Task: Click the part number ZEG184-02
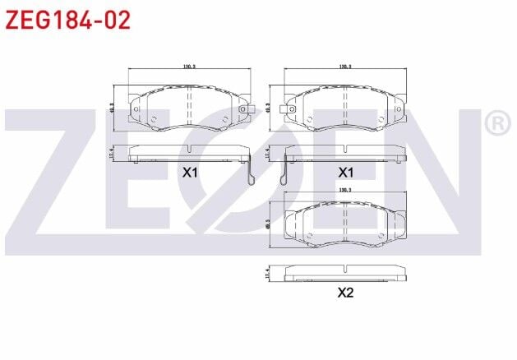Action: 68,20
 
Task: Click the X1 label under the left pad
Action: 190,173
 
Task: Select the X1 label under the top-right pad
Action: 345,173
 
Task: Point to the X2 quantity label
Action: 345,292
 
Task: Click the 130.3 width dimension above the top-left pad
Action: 189,67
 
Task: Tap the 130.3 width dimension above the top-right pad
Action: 345,67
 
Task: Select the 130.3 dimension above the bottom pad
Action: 345,190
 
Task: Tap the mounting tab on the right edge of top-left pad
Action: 243,109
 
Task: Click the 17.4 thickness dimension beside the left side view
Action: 112,152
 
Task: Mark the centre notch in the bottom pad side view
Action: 345,269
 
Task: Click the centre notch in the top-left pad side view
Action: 189,149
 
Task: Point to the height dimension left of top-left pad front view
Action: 112,106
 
